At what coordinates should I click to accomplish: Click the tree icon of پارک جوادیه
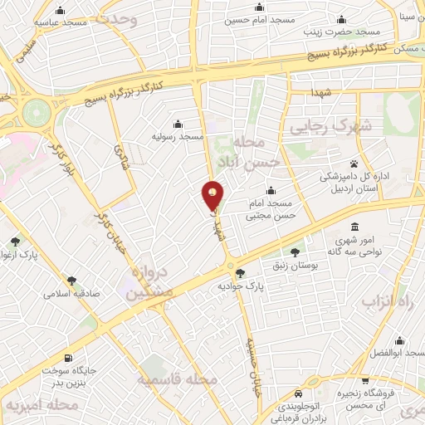(x=240, y=272)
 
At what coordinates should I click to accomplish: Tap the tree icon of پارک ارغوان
(x=16, y=242)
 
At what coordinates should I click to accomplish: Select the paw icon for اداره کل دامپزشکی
(x=354, y=164)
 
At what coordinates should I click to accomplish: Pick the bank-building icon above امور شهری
(x=355, y=227)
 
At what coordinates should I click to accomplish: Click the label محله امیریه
(x=41, y=405)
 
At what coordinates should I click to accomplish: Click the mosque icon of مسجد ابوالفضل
(x=399, y=340)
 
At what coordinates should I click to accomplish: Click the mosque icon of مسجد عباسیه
(x=59, y=12)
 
